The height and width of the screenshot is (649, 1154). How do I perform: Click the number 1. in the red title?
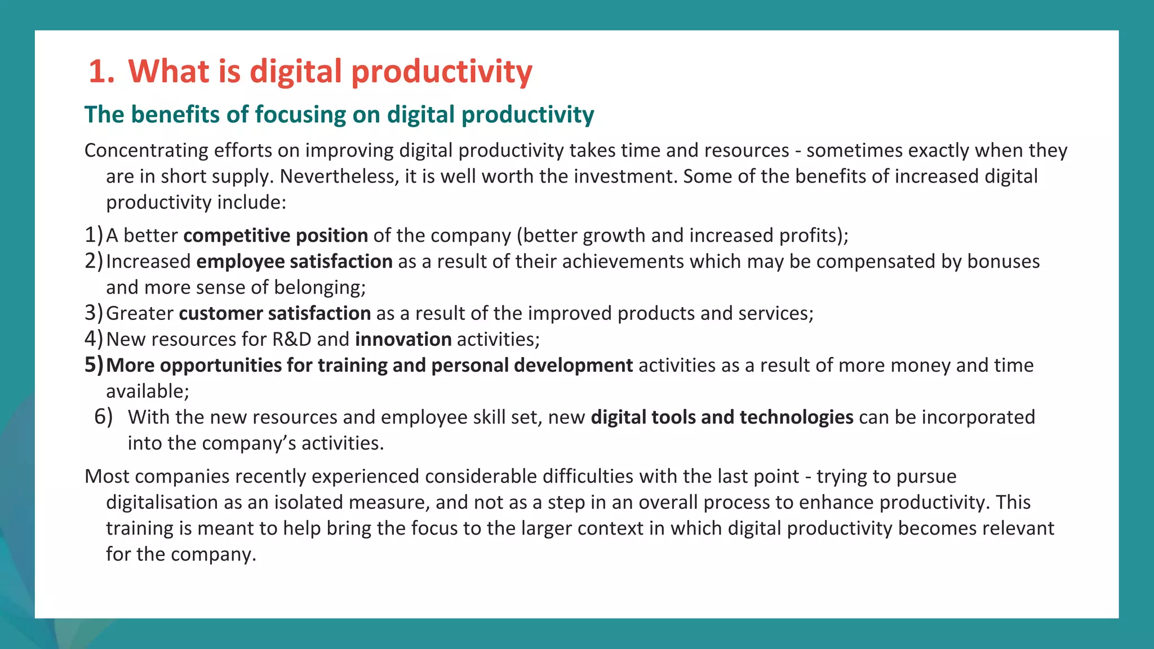pyautogui.click(x=101, y=72)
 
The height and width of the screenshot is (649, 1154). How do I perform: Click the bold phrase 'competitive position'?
pyautogui.click(x=276, y=235)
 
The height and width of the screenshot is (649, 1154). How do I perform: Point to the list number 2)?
pyautogui.click(x=94, y=261)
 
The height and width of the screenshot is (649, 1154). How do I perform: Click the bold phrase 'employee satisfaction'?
pyautogui.click(x=294, y=262)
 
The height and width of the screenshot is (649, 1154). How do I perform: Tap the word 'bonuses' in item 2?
pyautogui.click(x=1003, y=262)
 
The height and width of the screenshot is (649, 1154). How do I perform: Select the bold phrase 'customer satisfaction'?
pyautogui.click(x=274, y=314)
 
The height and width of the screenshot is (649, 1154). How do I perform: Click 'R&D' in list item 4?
pyautogui.click(x=291, y=340)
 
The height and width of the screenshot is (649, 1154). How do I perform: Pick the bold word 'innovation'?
pyautogui.click(x=403, y=340)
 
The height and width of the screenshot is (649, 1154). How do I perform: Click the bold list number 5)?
pyautogui.click(x=94, y=365)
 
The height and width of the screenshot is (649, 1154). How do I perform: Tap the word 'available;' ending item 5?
pyautogui.click(x=148, y=392)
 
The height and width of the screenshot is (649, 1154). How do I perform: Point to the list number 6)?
pyautogui.click(x=103, y=417)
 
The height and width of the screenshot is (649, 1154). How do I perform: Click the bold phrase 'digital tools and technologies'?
pyautogui.click(x=722, y=417)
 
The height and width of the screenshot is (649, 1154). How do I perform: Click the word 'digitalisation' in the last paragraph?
pyautogui.click(x=162, y=503)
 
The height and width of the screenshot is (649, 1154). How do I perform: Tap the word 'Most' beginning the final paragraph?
pyautogui.click(x=106, y=477)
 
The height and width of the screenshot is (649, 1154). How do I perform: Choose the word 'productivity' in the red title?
pyautogui.click(x=441, y=72)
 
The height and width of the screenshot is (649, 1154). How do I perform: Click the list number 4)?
pyautogui.click(x=94, y=339)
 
